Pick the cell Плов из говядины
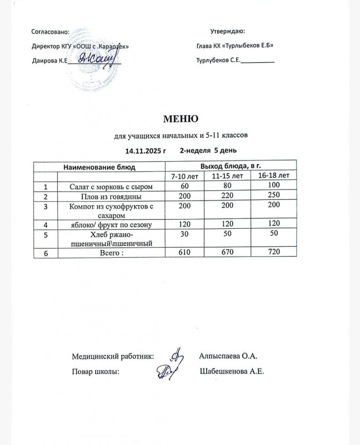coord(111,196)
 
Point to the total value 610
coord(184,252)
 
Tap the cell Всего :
coord(111,253)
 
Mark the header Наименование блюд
coord(99,167)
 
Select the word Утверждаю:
coord(228,31)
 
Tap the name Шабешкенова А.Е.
coord(232,372)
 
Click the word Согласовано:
coord(51,32)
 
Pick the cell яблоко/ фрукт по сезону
coord(111,225)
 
